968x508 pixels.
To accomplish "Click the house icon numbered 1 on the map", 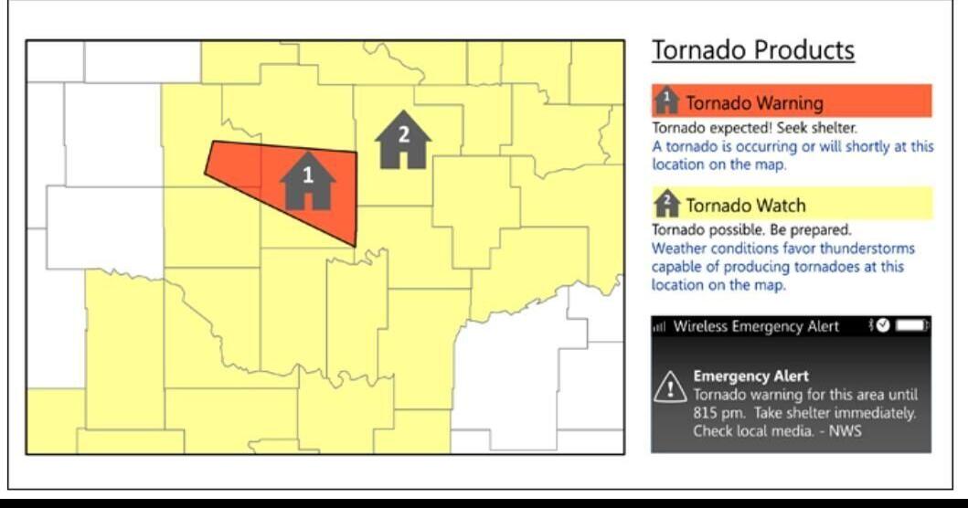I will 308,181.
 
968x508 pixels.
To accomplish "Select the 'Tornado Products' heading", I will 752,50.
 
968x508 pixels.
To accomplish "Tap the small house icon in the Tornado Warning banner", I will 667,101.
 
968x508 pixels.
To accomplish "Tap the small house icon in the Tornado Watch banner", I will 667,203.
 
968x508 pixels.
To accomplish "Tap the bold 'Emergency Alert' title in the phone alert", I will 750,376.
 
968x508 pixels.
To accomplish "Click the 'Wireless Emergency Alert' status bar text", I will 755,327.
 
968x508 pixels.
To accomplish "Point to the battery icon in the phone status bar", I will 912,326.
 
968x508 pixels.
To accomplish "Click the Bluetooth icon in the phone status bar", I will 871,326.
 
